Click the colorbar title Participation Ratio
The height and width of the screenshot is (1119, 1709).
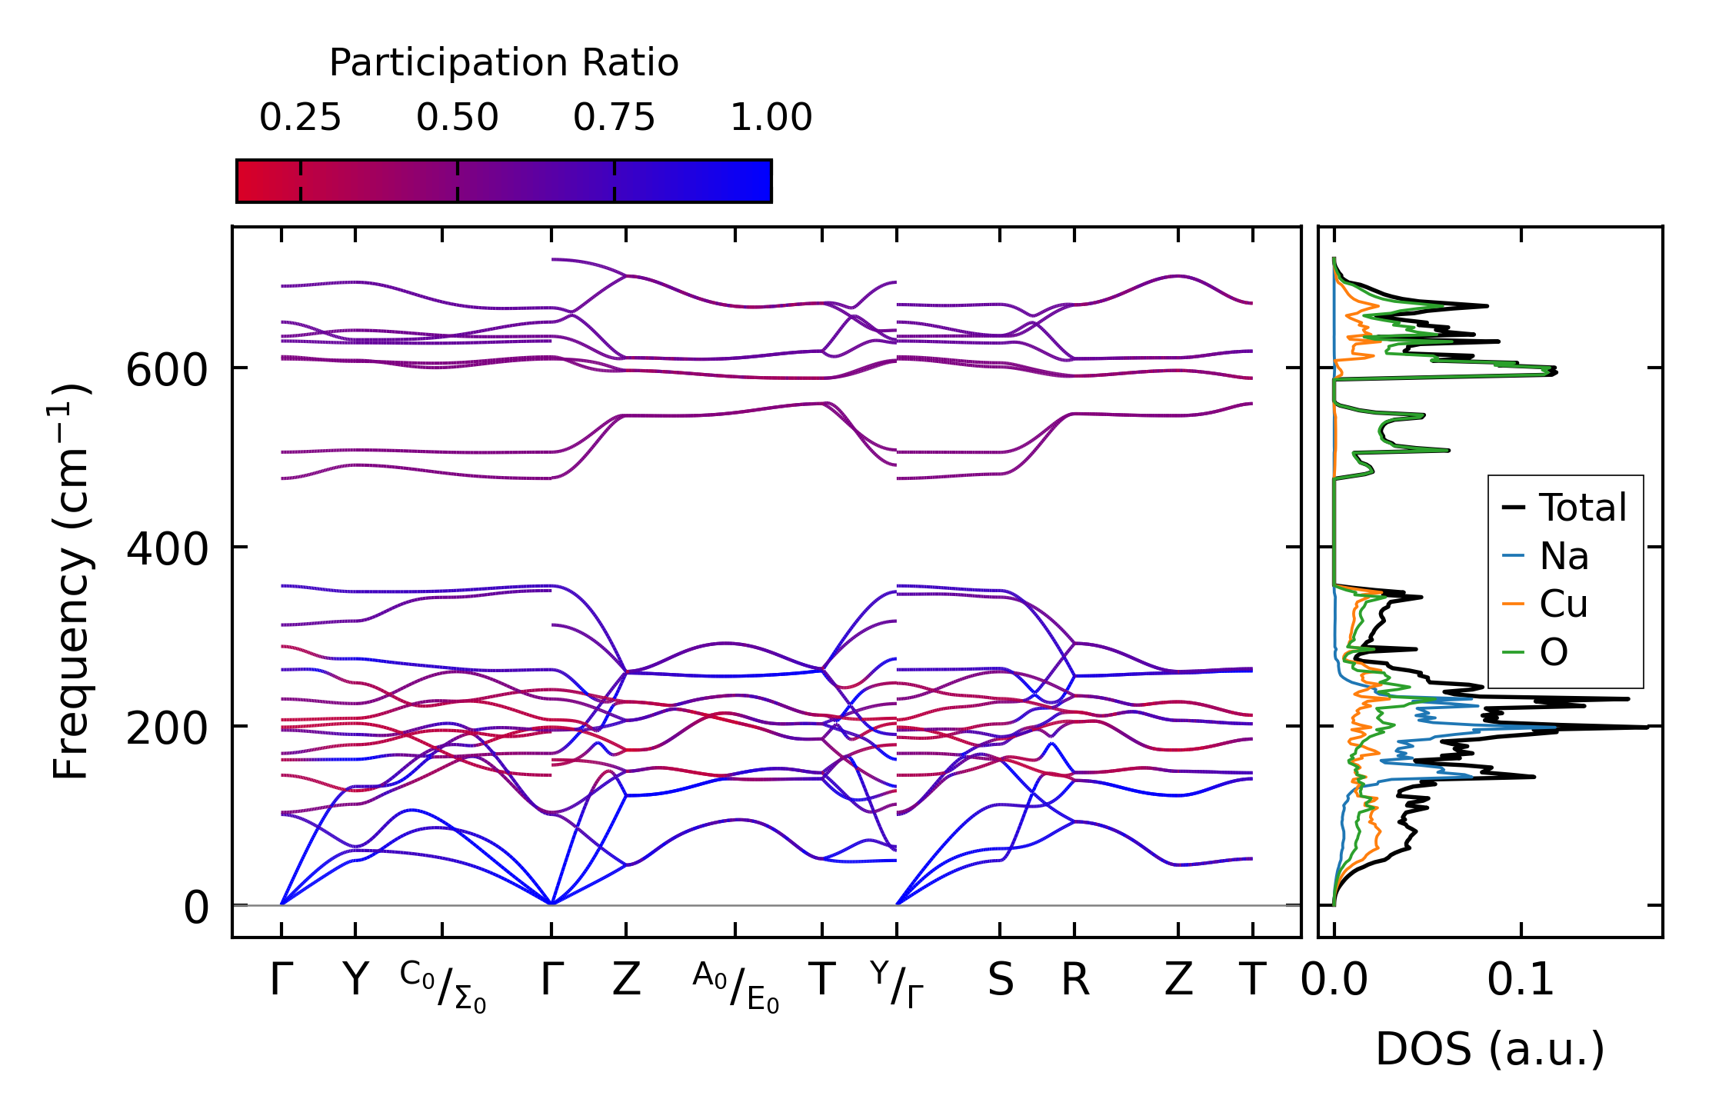504,63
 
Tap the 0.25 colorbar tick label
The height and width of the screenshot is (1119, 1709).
300,118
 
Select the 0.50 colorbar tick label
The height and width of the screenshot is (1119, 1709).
458,118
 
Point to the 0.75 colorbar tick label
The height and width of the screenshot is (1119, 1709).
614,118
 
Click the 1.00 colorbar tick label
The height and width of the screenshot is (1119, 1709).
771,118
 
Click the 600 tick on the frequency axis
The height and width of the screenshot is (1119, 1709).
167,371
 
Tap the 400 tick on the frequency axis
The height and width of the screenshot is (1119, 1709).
167,550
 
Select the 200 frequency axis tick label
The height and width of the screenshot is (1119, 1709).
167,728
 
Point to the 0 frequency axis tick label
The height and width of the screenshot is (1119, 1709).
196,908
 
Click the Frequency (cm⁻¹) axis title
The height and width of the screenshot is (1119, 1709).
72,581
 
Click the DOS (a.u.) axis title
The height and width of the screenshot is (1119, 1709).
1490,1049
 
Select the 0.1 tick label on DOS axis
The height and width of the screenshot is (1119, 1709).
1520,981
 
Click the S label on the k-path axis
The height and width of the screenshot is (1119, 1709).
1000,981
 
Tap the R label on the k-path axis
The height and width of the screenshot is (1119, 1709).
1075,981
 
